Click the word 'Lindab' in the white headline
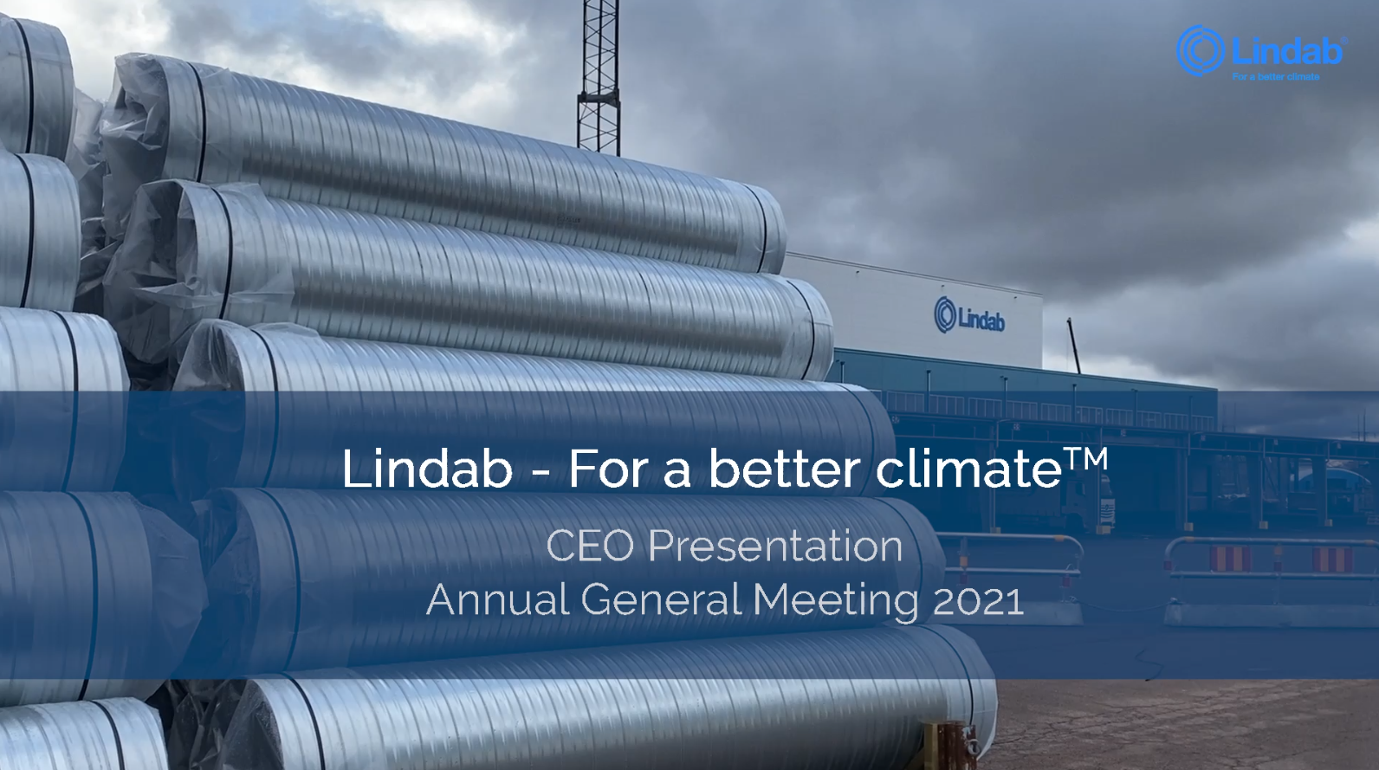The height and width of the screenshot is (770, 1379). [x=427, y=469]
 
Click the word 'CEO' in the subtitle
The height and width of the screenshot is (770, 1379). [x=590, y=546]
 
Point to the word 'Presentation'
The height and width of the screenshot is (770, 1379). [x=775, y=546]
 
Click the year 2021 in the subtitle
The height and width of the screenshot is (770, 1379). [x=978, y=600]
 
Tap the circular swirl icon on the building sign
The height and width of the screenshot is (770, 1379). [x=945, y=314]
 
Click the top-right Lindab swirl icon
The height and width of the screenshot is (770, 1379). [x=1201, y=50]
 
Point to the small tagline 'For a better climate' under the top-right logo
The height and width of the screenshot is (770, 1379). [x=1276, y=77]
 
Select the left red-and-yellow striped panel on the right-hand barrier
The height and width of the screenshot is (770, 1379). [x=1231, y=559]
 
